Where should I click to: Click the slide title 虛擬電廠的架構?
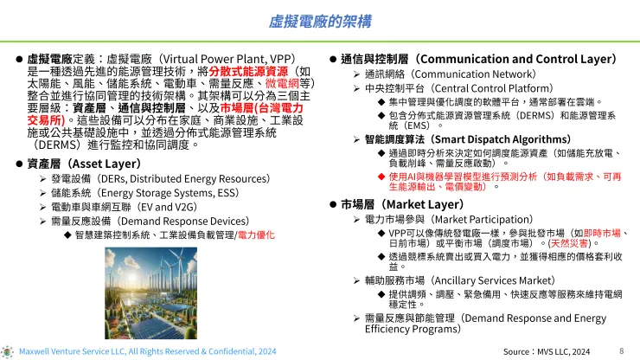[319, 18]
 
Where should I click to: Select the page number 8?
[622, 351]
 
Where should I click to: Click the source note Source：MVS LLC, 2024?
[547, 352]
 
